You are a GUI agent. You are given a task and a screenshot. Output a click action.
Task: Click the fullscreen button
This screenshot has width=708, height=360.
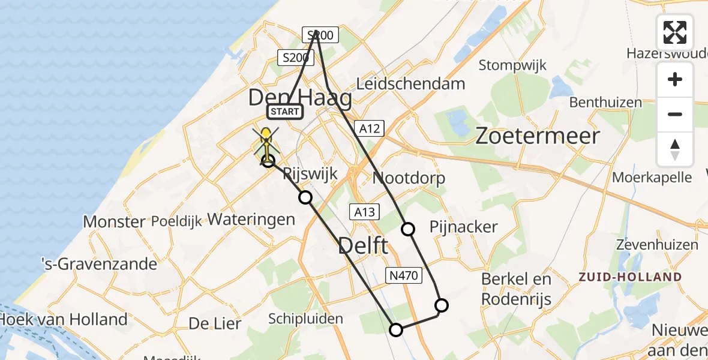click(675, 32)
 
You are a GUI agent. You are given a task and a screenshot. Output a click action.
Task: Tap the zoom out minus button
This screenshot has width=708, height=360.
click(675, 114)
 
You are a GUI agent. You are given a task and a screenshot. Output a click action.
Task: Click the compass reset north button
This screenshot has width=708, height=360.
click(675, 149)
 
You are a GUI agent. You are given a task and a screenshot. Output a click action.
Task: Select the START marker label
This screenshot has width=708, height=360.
click(284, 112)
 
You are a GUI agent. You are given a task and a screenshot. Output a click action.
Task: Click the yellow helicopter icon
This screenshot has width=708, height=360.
click(266, 144)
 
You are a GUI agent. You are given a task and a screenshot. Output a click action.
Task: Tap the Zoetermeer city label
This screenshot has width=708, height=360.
click(537, 136)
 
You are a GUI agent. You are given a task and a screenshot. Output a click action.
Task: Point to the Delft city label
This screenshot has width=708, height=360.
click(364, 245)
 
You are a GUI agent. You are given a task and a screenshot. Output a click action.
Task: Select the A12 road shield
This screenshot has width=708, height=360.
click(369, 127)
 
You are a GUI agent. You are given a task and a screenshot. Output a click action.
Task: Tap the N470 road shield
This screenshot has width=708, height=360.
click(404, 275)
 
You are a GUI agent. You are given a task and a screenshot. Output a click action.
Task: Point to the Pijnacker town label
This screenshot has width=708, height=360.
click(464, 227)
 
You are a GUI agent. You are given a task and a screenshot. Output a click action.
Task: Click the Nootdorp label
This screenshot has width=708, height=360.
click(409, 178)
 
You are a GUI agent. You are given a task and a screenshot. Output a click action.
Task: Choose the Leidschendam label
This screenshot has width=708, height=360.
click(410, 83)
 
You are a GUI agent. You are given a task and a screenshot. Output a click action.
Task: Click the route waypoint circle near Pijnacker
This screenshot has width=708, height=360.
click(408, 229)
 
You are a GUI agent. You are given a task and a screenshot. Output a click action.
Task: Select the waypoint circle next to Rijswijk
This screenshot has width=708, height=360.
click(306, 197)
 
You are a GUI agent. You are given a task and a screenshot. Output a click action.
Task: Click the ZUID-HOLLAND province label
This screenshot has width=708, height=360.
click(630, 277)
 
